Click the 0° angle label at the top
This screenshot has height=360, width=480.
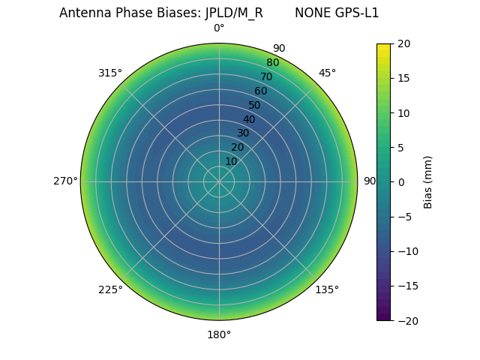click(x=219, y=28)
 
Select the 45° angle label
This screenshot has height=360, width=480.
click(x=327, y=73)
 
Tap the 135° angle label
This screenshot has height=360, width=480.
click(x=327, y=289)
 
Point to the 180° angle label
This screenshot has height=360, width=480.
click(x=219, y=334)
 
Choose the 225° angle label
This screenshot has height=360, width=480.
click(x=110, y=289)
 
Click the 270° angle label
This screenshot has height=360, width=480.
click(x=65, y=181)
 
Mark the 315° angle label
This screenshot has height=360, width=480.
click(x=110, y=73)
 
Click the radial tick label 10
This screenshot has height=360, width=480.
click(x=231, y=161)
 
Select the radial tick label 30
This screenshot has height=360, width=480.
click(x=243, y=133)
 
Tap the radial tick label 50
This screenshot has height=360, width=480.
click(x=255, y=105)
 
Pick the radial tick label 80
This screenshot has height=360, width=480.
click(x=272, y=63)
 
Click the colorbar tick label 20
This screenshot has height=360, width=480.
click(x=403, y=43)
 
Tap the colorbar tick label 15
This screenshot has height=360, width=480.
click(x=403, y=78)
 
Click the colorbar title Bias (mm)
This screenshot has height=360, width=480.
click(x=428, y=181)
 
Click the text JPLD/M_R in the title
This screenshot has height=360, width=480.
click(x=234, y=13)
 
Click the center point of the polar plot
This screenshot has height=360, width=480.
click(x=219, y=181)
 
